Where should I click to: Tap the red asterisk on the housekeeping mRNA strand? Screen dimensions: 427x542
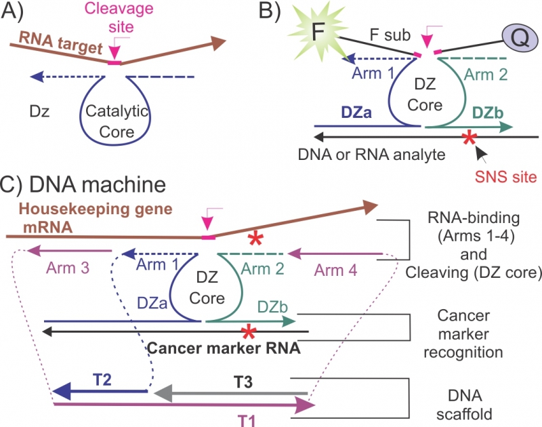click(x=255, y=238)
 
